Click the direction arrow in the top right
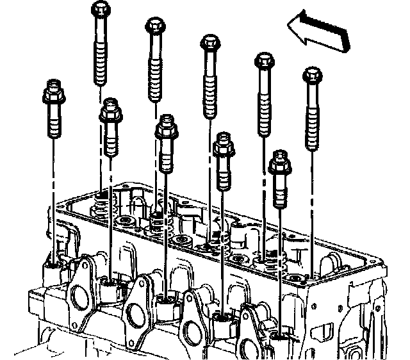(x=318, y=33)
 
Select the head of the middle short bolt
(x=167, y=127)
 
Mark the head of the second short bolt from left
(x=111, y=110)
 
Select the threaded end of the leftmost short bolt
(x=53, y=126)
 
